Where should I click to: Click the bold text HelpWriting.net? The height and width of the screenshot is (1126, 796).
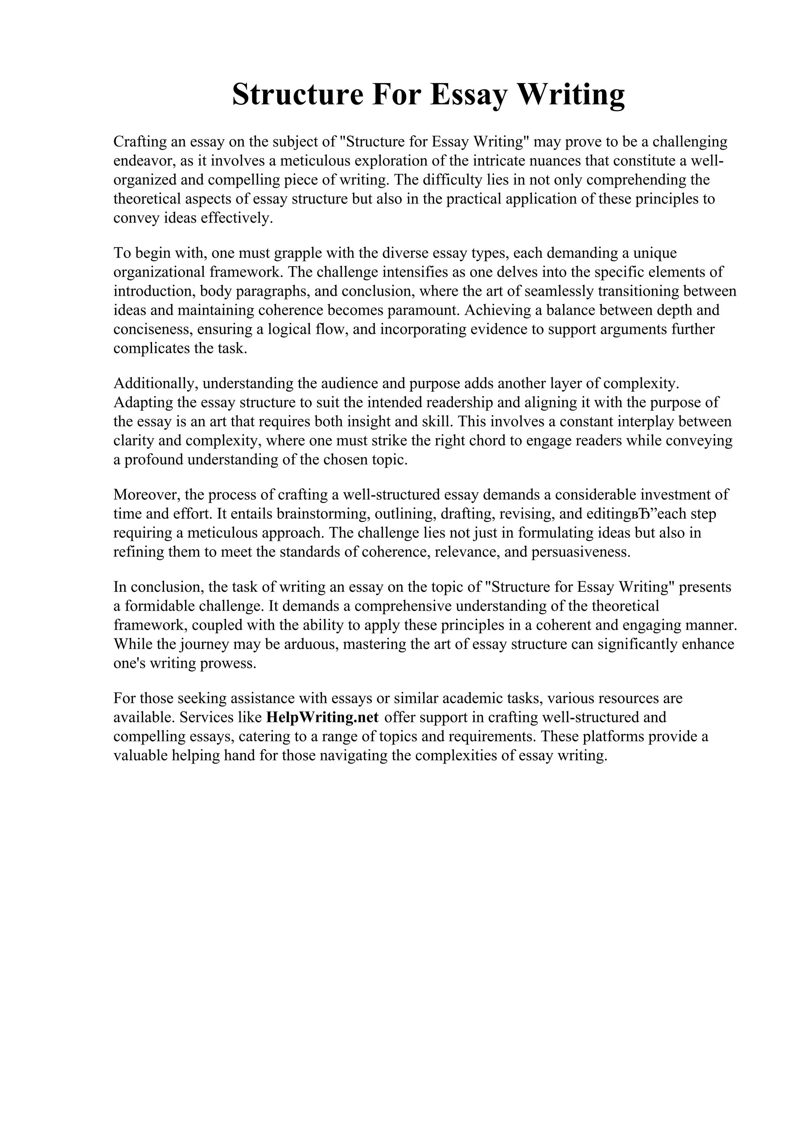(322, 718)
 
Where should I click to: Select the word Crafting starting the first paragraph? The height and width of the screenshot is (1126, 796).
(140, 142)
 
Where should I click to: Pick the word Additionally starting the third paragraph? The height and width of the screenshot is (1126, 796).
(154, 383)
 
